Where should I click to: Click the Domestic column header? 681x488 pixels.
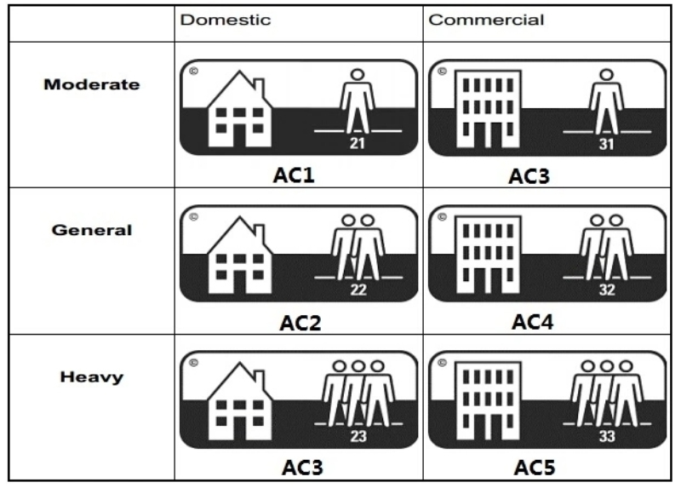pos(226,20)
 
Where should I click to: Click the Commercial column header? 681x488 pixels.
pos(486,20)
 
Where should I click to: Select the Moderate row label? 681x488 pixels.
pos(92,84)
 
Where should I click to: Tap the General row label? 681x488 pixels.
pos(93,230)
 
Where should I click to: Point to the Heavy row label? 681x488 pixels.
pos(92,377)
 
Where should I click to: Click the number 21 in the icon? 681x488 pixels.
pos(358,142)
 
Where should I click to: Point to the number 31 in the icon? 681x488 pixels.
pos(605,142)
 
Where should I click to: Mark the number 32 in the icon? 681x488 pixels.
pos(605,289)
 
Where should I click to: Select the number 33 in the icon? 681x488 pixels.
pos(605,437)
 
